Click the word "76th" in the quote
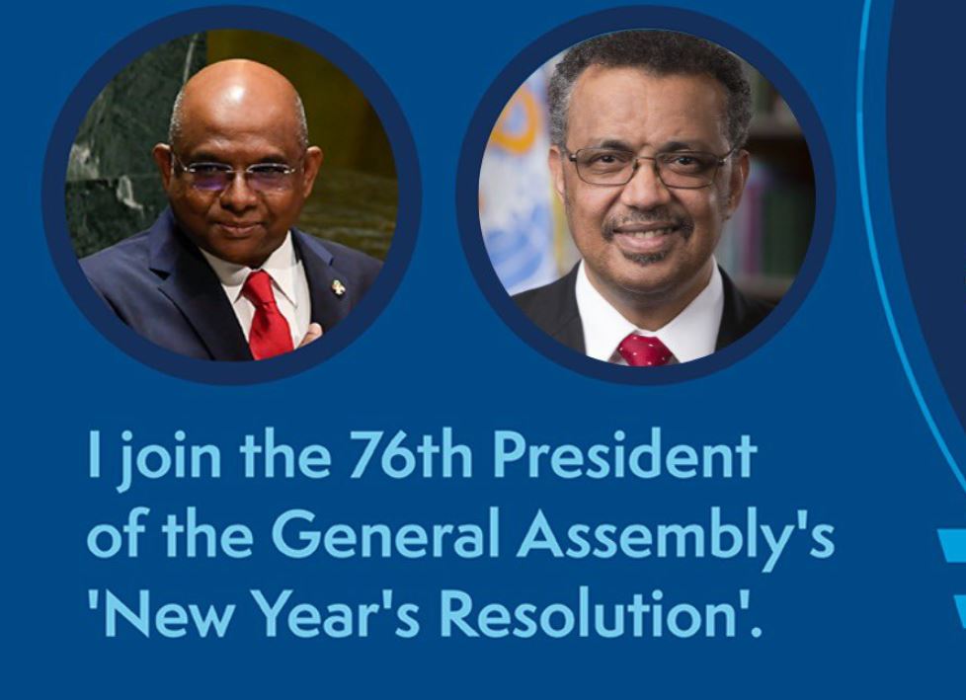[411, 454]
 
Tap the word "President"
[624, 454]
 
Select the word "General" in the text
[384, 533]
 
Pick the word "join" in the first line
[169, 460]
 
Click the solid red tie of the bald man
[268, 315]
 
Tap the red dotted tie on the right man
[644, 350]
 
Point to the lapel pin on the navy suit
[338, 287]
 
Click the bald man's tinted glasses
[236, 174]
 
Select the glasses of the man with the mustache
[648, 165]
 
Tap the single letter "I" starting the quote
[94, 454]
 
